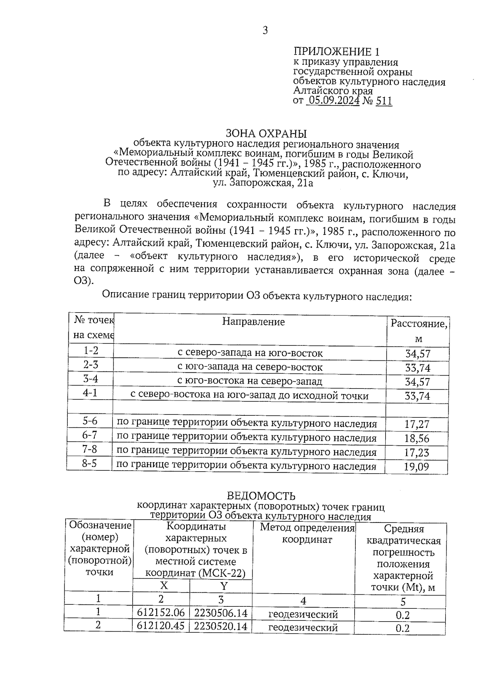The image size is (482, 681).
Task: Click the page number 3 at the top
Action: click(x=265, y=30)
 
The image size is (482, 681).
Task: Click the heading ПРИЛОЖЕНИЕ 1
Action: click(x=337, y=52)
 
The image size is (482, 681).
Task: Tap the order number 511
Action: click(x=384, y=101)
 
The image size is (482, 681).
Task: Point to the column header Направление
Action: click(x=253, y=321)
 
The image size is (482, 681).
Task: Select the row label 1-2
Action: click(x=91, y=350)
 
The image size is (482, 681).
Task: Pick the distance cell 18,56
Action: click(x=417, y=438)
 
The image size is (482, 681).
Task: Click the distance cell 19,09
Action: click(x=417, y=467)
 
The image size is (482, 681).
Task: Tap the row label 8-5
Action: click(x=90, y=463)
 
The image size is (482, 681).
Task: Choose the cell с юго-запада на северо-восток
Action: click(x=250, y=367)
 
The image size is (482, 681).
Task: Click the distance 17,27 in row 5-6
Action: click(x=417, y=424)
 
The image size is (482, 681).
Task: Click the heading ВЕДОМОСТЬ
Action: click(x=261, y=496)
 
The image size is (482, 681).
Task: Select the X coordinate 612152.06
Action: click(x=161, y=613)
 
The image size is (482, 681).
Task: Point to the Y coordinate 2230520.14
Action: click(x=221, y=626)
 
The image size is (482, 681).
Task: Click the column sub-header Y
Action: click(x=224, y=586)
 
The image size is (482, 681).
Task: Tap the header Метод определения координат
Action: click(x=307, y=533)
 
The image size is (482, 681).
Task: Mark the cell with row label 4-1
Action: click(x=90, y=393)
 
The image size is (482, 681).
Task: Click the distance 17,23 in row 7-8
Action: click(x=417, y=453)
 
